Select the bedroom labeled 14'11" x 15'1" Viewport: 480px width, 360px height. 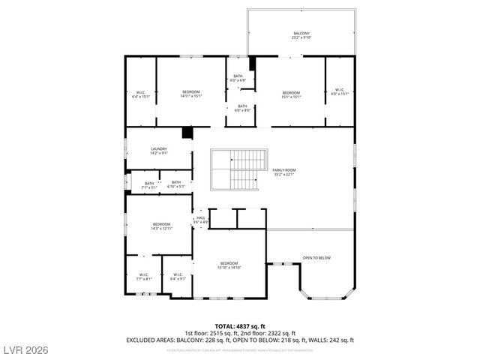click(191, 94)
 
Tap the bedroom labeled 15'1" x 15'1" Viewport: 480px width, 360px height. click(291, 94)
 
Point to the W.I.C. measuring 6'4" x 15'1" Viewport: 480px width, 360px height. click(140, 94)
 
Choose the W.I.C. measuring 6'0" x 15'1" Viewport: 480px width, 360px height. click(340, 94)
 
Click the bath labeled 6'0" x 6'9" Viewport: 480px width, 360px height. click(238, 78)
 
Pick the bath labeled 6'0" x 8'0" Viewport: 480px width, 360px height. click(242, 108)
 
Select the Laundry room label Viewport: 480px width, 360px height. click(158, 151)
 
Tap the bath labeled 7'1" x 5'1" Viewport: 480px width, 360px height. click(148, 185)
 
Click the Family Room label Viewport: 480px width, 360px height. click(283, 172)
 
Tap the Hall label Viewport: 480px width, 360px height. click(200, 220)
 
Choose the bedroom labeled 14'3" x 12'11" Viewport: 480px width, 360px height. click(162, 226)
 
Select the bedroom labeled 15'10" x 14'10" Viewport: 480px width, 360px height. click(229, 265)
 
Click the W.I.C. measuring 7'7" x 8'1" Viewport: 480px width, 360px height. click(143, 277)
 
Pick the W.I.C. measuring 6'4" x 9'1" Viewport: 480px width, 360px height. click(178, 277)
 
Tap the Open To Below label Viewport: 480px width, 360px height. click(316, 258)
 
